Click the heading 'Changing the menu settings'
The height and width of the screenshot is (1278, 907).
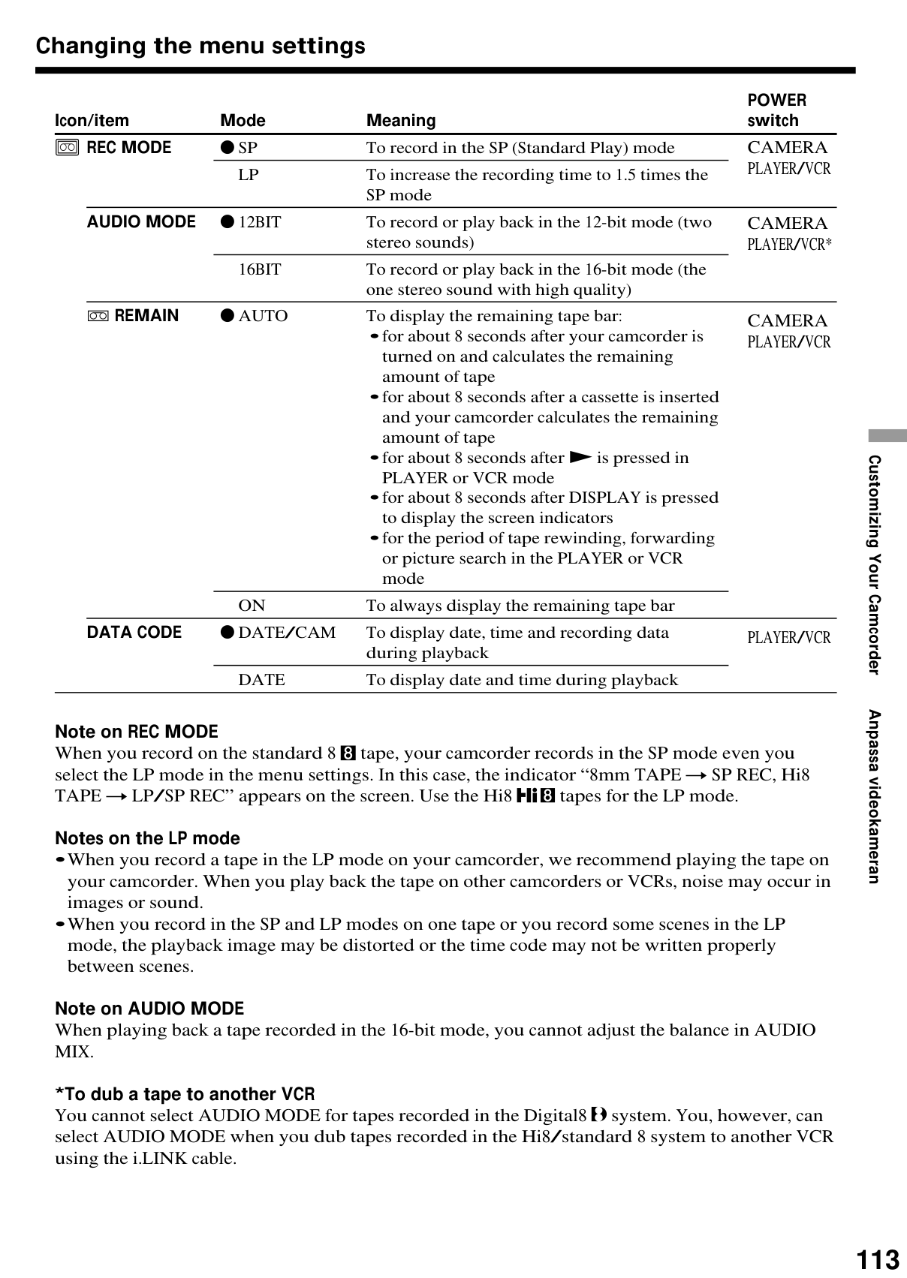point(200,46)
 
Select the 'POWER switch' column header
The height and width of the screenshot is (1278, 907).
point(776,110)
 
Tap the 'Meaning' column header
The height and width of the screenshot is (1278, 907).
point(401,121)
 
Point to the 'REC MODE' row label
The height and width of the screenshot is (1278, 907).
point(129,148)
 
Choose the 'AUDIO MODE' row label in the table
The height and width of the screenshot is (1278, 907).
point(141,222)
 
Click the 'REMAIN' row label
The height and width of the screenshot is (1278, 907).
point(146,316)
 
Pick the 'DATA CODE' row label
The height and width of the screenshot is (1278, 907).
point(134,633)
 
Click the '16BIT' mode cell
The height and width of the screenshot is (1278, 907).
point(260,269)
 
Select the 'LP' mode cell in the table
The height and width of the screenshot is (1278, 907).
point(249,175)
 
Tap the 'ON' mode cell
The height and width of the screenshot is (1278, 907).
point(252,606)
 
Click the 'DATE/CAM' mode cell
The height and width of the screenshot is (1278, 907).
point(287,633)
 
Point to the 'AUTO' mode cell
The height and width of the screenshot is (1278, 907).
point(263,316)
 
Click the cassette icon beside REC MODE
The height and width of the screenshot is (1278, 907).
point(67,148)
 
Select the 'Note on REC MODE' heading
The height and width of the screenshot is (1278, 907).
point(137,732)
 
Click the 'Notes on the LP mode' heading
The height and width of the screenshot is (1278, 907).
point(147,838)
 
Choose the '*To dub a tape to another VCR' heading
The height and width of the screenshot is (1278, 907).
point(185,1094)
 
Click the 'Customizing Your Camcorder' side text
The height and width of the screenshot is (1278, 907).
point(874,564)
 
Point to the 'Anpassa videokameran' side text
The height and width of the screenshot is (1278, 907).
point(874,796)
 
